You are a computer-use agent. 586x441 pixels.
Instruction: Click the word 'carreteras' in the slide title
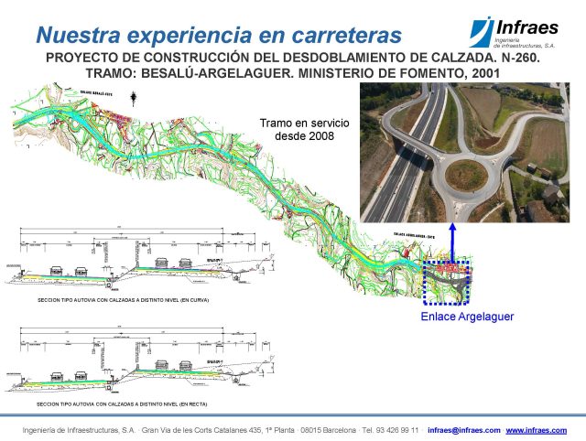pyautogui.click(x=345, y=36)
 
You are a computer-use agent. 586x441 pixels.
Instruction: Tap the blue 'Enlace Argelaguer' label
pyautogui.click(x=467, y=317)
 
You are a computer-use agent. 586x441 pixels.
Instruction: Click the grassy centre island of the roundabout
pyautogui.click(x=466, y=173)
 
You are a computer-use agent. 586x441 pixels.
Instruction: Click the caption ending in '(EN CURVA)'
pyautogui.click(x=115, y=299)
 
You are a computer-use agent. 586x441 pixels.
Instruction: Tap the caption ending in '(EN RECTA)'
pyautogui.click(x=115, y=403)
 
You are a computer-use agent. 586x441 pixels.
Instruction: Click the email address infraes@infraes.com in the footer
pyautogui.click(x=463, y=430)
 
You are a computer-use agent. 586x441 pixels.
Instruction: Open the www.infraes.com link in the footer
pyautogui.click(x=537, y=430)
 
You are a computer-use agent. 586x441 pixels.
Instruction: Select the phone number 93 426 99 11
pyautogui.click(x=390, y=430)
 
